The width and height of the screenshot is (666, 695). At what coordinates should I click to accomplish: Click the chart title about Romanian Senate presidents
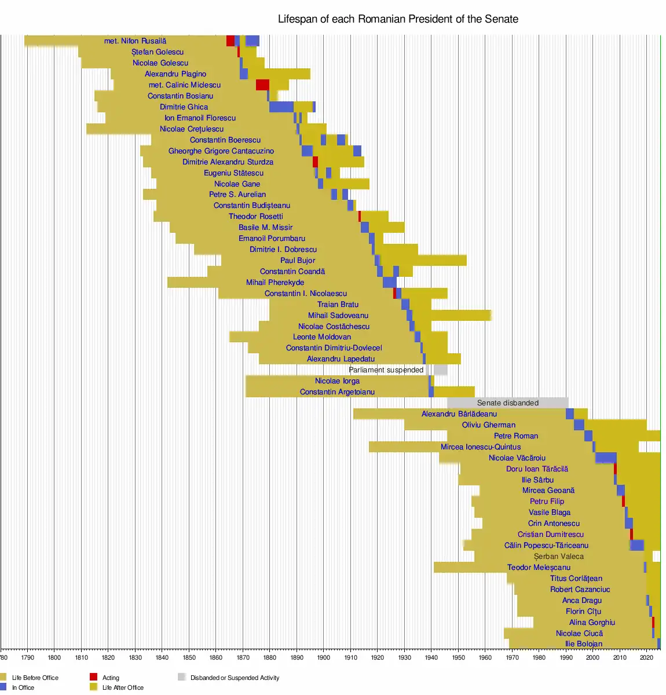(x=398, y=19)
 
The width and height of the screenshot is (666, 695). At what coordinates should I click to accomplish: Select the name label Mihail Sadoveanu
(x=338, y=316)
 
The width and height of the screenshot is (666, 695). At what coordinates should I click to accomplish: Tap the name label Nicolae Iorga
(x=337, y=381)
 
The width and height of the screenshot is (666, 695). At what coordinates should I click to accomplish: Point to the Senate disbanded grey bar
(x=507, y=403)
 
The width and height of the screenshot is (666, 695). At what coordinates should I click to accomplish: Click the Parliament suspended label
(x=386, y=370)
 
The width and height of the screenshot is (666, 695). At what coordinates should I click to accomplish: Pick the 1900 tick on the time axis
(x=324, y=657)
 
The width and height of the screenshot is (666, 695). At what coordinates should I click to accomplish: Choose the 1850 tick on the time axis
(x=189, y=657)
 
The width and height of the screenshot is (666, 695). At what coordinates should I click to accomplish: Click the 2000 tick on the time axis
(x=593, y=657)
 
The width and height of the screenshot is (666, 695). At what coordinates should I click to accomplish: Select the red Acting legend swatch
(x=94, y=677)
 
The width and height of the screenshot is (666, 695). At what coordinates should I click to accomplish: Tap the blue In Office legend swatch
(x=3, y=687)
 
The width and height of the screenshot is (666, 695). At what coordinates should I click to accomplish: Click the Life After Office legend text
(x=123, y=687)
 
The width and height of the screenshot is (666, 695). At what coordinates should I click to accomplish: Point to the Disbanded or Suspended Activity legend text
(x=235, y=678)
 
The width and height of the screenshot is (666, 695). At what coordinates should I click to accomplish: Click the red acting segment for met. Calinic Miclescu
(x=262, y=85)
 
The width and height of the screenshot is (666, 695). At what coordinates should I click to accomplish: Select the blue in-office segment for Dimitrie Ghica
(x=281, y=107)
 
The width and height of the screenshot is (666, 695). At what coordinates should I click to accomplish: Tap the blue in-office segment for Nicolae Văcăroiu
(x=606, y=458)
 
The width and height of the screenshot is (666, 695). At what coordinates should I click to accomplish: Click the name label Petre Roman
(x=516, y=436)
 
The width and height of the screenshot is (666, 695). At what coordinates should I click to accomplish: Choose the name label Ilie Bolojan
(x=584, y=644)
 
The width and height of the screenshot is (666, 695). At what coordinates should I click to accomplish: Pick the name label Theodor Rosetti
(x=256, y=217)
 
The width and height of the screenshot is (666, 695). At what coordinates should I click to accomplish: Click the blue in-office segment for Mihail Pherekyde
(x=390, y=283)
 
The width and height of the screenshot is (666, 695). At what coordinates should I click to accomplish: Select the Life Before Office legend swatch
(x=3, y=677)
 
